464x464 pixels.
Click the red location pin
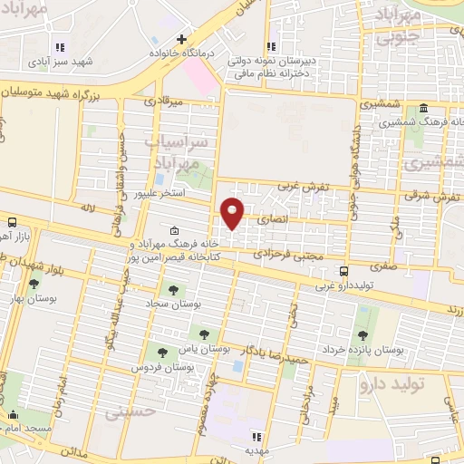point(233,214)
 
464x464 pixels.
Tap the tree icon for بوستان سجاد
point(173,290)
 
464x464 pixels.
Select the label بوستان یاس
point(229,348)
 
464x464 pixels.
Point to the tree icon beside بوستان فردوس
point(163,353)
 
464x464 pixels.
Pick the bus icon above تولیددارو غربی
point(343,270)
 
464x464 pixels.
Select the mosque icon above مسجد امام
point(14,416)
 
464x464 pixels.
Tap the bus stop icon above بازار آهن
point(12,221)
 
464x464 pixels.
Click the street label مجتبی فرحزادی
point(283,255)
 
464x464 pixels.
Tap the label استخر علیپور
point(160,194)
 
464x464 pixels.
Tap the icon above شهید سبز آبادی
point(61,47)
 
